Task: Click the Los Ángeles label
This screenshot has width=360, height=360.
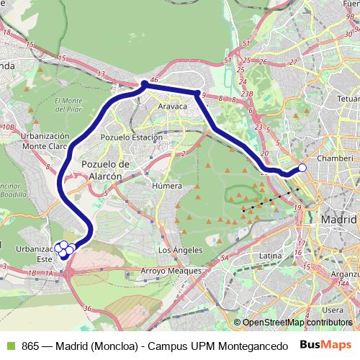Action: [x=175, y=250]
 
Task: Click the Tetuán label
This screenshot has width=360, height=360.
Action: [x=348, y=96]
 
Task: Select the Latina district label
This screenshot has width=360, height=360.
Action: [x=270, y=255]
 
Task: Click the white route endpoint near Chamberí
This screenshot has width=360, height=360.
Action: [x=302, y=168]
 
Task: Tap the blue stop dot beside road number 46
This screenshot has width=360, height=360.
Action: [x=145, y=85]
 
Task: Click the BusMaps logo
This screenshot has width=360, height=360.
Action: [x=327, y=345]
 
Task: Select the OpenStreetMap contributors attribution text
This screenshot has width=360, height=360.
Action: [x=297, y=323]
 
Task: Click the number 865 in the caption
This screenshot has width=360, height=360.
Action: [x=31, y=345]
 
